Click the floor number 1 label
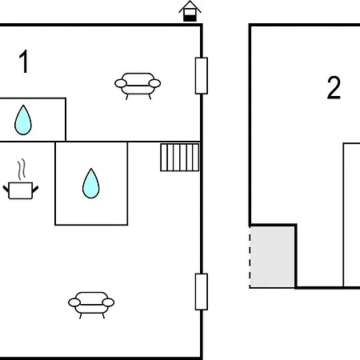point(24,61)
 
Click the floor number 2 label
point(334,88)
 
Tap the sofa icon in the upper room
point(138,86)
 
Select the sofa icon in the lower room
point(91,305)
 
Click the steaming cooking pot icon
point(21,179)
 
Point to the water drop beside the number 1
point(23,120)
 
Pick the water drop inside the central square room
point(91,183)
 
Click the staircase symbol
point(180,158)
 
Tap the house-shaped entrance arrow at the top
point(190,11)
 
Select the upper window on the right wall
point(202,76)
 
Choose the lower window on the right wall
point(202,292)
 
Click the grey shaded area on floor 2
point(272,257)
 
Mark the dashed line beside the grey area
point(250,258)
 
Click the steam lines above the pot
point(22,170)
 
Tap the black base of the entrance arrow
point(190,18)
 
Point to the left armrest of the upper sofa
point(121,83)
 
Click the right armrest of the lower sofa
point(108,302)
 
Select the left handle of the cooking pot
point(6,190)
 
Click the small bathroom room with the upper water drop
point(33,120)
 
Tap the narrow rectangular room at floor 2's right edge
point(352,215)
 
